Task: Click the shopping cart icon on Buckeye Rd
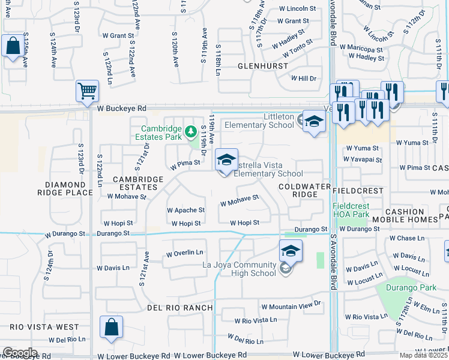tap(87, 92)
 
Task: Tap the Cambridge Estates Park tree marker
tap(190, 130)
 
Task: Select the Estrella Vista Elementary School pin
tap(226, 160)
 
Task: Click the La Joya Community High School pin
tap(291, 251)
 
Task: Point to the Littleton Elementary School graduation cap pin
tap(313, 121)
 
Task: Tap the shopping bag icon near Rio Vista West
tap(111, 328)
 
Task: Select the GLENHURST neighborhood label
tap(260, 65)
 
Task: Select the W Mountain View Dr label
tap(291, 306)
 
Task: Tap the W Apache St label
tap(185, 211)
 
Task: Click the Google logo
tap(19, 353)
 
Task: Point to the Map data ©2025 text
tap(423, 355)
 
